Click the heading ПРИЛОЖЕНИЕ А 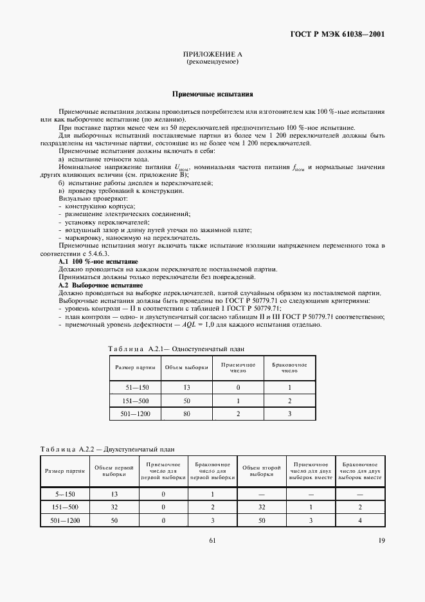[212, 56]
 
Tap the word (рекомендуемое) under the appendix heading [212, 63]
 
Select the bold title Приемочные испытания [212, 93]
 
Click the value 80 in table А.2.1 [186, 414]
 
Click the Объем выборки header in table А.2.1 [186, 367]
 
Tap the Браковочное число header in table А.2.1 [290, 367]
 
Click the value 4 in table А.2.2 [359, 520]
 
